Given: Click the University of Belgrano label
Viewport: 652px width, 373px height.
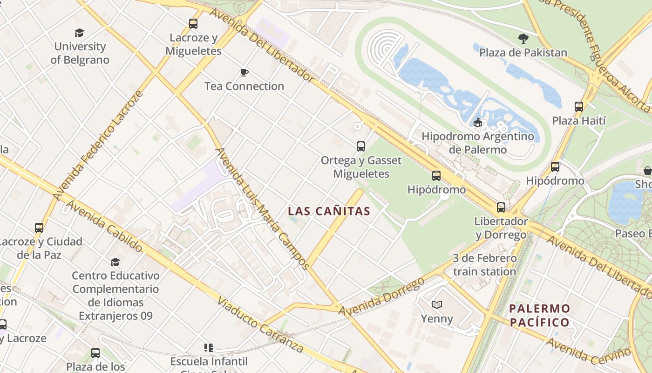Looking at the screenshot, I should pyautogui.click(x=80, y=53).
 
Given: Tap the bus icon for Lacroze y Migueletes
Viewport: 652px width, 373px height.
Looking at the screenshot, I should pyautogui.click(x=193, y=24).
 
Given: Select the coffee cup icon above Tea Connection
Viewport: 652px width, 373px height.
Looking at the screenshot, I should pyautogui.click(x=244, y=72).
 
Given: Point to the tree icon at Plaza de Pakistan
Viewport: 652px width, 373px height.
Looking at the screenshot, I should pyautogui.click(x=523, y=39).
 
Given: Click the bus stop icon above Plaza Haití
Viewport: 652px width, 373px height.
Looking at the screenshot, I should pyautogui.click(x=579, y=107).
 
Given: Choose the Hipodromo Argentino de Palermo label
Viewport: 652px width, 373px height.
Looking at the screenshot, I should pyautogui.click(x=477, y=143).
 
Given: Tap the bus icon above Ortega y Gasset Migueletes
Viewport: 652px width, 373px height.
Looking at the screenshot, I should pyautogui.click(x=361, y=146).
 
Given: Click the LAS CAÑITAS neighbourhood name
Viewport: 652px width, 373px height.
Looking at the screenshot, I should pyautogui.click(x=329, y=211).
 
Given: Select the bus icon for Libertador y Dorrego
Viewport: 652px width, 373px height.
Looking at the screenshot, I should pyautogui.click(x=501, y=207).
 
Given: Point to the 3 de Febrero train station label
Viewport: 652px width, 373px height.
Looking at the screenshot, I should pyautogui.click(x=484, y=265).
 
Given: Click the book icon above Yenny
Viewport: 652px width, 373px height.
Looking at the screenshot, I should pyautogui.click(x=436, y=305).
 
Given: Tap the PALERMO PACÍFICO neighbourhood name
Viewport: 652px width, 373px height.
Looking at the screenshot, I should pyautogui.click(x=539, y=315).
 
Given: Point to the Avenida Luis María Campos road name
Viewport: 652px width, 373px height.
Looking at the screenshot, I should pyautogui.click(x=262, y=208).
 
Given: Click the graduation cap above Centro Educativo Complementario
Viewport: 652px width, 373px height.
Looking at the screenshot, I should pyautogui.click(x=115, y=262).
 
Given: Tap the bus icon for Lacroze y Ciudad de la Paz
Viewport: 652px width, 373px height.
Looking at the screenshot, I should pyautogui.click(x=39, y=228).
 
